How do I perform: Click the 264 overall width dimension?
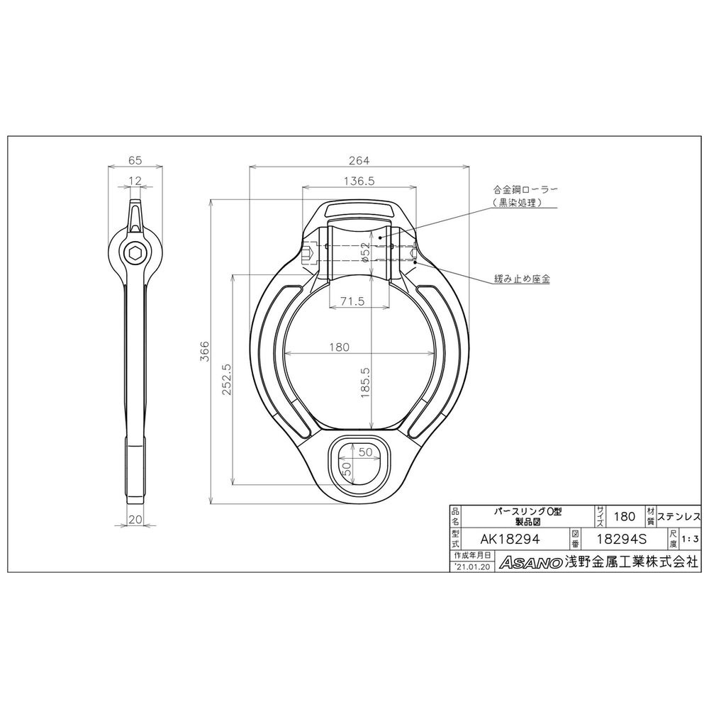(359, 160)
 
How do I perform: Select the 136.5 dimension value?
(359, 181)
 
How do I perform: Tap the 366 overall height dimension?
(205, 352)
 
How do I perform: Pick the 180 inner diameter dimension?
(339, 347)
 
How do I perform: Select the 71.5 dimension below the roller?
(352, 301)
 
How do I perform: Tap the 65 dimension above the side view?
(135, 160)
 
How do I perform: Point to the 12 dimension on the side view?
(135, 181)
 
